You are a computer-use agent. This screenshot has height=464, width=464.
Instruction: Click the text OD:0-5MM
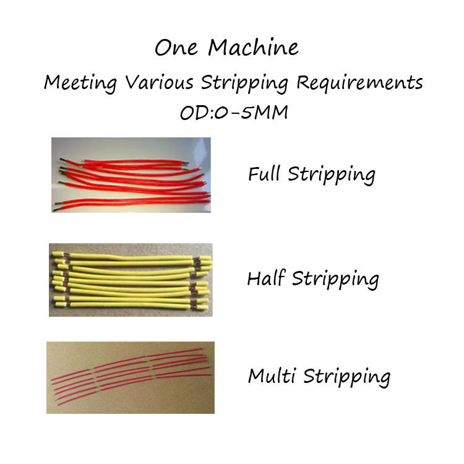point(233,114)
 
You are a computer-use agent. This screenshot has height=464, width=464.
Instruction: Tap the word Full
point(265,174)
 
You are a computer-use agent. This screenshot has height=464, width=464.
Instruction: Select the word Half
point(266,279)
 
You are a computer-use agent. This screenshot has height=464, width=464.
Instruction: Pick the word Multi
point(270,376)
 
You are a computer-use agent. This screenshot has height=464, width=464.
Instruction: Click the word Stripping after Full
point(332,175)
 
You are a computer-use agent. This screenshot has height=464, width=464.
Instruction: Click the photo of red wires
point(131,175)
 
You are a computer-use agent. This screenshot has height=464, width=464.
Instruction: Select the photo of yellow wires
point(131,280)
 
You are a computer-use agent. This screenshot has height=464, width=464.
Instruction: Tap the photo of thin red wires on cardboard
point(131,377)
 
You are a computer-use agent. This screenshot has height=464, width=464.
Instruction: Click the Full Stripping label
point(311,174)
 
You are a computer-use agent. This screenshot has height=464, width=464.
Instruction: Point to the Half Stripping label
point(312,280)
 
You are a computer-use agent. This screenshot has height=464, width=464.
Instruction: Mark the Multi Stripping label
point(319,376)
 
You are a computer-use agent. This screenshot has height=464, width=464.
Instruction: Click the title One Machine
point(226,48)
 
